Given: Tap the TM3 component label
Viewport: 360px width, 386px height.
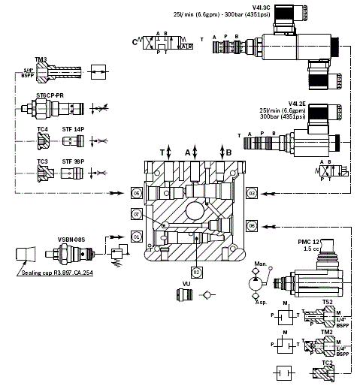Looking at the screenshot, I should (42, 59).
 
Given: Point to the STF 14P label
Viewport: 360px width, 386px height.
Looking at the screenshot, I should (73, 129).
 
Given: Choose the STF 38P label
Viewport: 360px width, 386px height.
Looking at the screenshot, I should (73, 161).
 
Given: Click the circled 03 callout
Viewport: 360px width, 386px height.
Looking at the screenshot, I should (253, 194).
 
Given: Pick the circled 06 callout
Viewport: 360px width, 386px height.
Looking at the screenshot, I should (253, 225).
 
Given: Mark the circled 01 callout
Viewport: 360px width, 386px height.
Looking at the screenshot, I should (137, 236).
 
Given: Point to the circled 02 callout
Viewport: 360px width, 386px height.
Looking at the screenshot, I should (196, 270).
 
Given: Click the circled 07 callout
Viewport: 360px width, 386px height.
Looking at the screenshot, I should (137, 215).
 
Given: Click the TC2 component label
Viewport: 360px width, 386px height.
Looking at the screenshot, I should (327, 362).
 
